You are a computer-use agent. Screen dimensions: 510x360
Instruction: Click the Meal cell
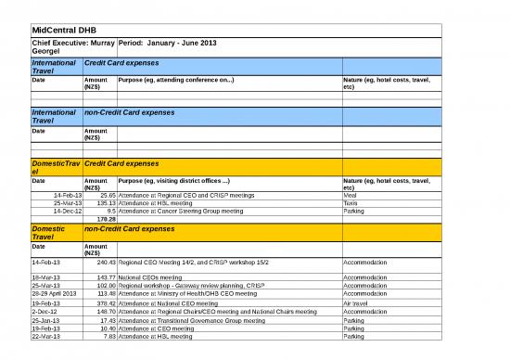(x=351, y=196)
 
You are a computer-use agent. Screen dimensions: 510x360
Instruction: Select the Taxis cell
(x=351, y=203)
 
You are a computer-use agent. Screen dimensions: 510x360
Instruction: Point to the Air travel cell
(x=358, y=302)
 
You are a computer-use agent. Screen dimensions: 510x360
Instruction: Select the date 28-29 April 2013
(x=54, y=294)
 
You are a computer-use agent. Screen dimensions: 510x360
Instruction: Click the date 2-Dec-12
(x=45, y=312)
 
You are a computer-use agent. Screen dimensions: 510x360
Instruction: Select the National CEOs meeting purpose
(x=150, y=277)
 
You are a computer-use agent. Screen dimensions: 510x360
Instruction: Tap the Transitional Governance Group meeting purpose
(x=191, y=320)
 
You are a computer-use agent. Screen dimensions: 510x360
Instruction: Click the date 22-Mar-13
(x=47, y=336)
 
